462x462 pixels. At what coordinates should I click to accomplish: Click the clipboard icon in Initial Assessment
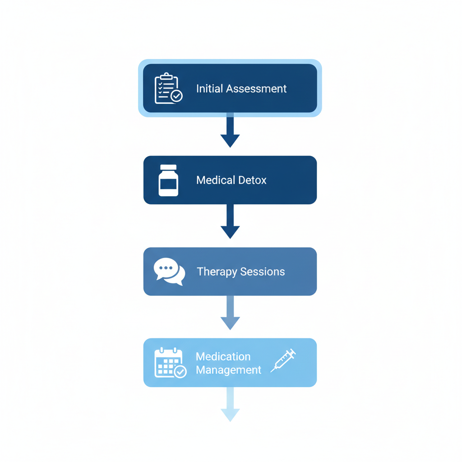pyautogui.click(x=167, y=88)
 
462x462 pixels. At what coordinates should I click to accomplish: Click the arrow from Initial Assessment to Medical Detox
pyautogui.click(x=230, y=131)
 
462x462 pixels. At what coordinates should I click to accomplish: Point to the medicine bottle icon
pyautogui.click(x=168, y=180)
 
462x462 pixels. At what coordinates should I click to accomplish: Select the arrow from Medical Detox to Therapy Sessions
pyautogui.click(x=230, y=222)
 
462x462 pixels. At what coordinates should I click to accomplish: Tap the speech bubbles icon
pyautogui.click(x=169, y=272)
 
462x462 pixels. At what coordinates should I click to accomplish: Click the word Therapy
pyautogui.click(x=217, y=272)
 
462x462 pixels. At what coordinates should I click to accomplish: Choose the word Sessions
pyautogui.click(x=263, y=272)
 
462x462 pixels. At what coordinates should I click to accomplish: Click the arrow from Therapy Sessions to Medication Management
pyautogui.click(x=230, y=313)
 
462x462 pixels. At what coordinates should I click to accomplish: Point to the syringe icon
pyautogui.click(x=283, y=360)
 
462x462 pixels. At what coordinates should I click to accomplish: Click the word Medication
pyautogui.click(x=223, y=356)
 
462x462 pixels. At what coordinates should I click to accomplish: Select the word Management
pyautogui.click(x=228, y=370)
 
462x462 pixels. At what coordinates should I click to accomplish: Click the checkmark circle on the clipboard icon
pyautogui.click(x=177, y=96)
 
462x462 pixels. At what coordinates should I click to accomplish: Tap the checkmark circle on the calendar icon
pyautogui.click(x=180, y=371)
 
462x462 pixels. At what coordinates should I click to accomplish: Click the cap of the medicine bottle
pyautogui.click(x=168, y=167)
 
